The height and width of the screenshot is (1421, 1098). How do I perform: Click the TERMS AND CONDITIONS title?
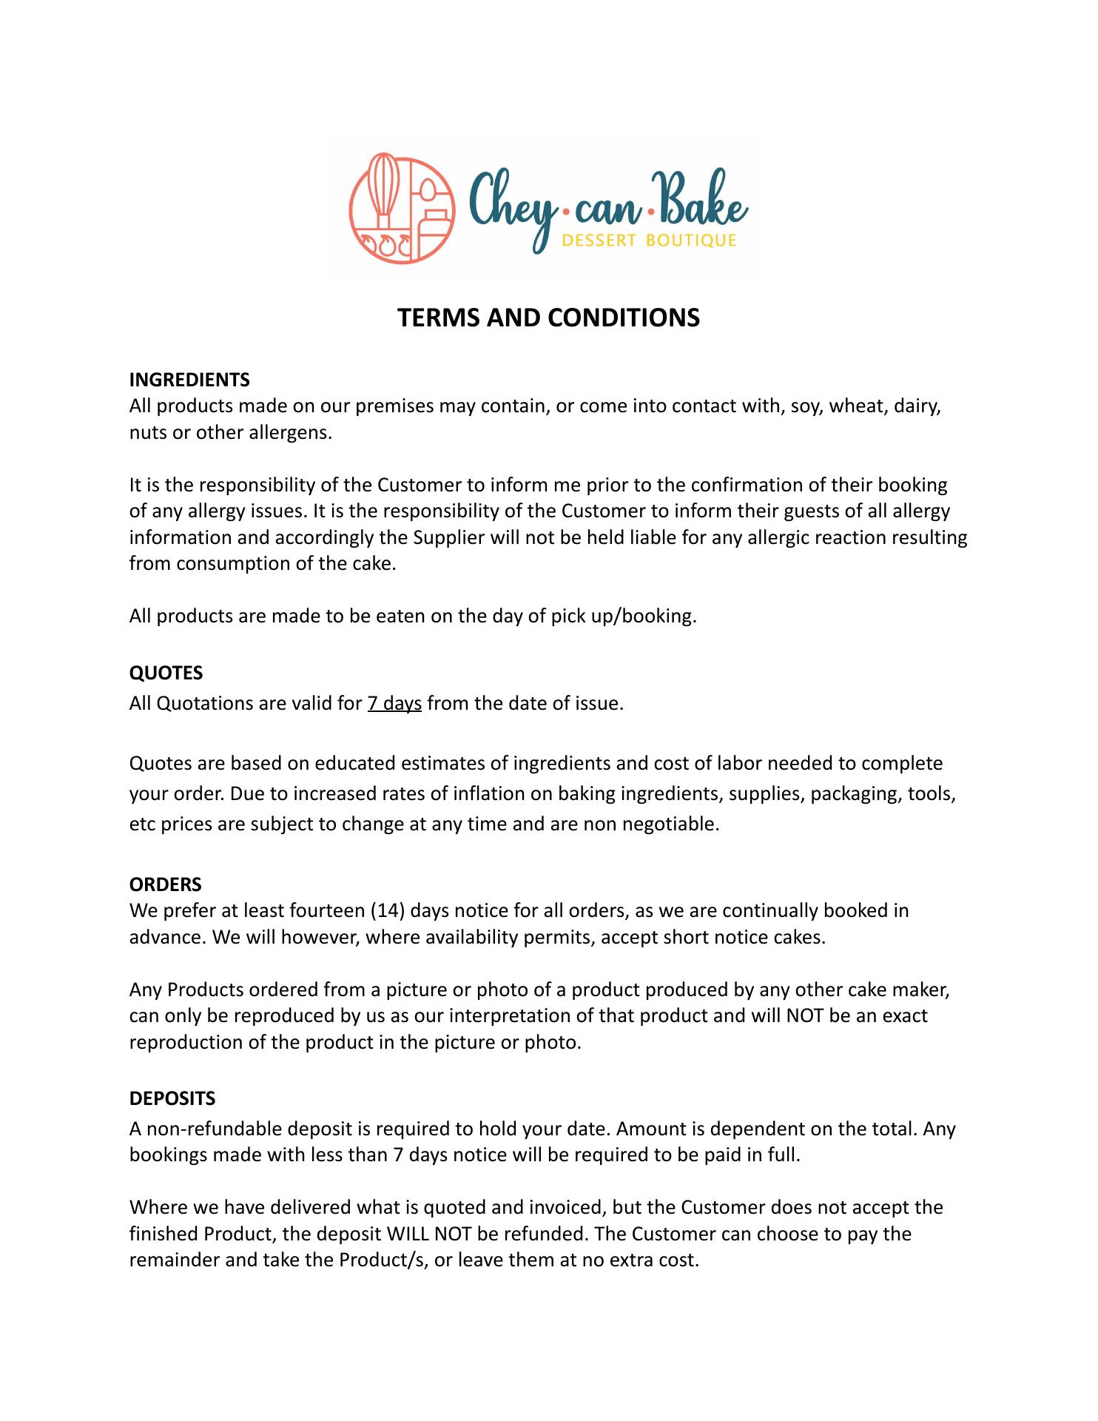pos(548,318)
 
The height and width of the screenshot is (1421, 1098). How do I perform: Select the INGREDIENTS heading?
pos(189,380)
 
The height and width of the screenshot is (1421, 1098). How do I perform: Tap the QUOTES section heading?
pos(166,673)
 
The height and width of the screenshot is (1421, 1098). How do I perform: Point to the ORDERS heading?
pos(165,884)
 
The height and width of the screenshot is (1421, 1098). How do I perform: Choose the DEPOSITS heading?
pos(172,1098)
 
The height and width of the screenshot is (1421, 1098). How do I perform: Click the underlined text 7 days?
pos(394,703)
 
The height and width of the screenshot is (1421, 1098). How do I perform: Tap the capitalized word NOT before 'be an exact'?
pos(805,1015)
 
